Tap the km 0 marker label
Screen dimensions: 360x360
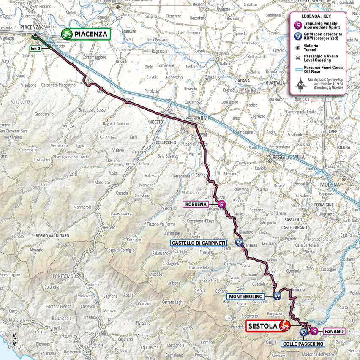point(36,49)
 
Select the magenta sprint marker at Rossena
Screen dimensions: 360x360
point(222,205)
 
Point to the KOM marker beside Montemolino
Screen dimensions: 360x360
point(276,297)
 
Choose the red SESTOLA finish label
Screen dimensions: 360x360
point(262,326)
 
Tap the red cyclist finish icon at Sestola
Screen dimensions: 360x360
point(284,326)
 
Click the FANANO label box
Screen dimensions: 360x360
point(333,332)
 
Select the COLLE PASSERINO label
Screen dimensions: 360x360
point(303,344)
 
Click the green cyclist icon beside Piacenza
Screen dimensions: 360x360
point(67,34)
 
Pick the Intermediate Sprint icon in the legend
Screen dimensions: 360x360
point(299,26)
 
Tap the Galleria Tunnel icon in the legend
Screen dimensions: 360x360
point(299,48)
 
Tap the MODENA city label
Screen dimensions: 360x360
point(330,185)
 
